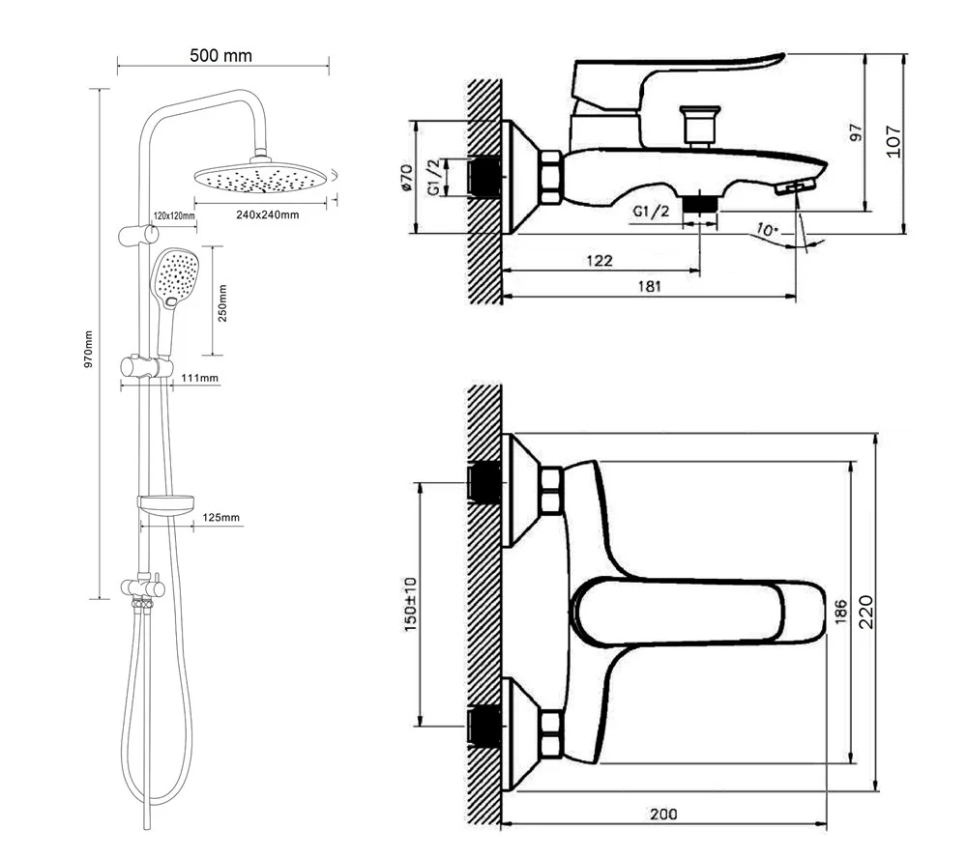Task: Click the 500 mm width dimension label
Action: coord(220,55)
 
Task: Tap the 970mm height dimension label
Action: coord(88,349)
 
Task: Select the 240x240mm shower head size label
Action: coord(268,214)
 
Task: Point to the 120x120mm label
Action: coord(174,214)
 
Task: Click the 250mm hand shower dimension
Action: coord(222,302)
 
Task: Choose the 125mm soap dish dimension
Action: coord(221,518)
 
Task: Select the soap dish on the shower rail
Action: coord(166,502)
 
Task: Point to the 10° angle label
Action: coord(768,231)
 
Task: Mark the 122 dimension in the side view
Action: coord(600,260)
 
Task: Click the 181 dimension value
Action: coord(649,285)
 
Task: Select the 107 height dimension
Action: coord(893,142)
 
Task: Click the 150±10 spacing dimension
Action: coord(409,606)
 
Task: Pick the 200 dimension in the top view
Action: coord(662,814)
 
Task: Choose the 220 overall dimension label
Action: coord(866,612)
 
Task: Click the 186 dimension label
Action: coord(839,612)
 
